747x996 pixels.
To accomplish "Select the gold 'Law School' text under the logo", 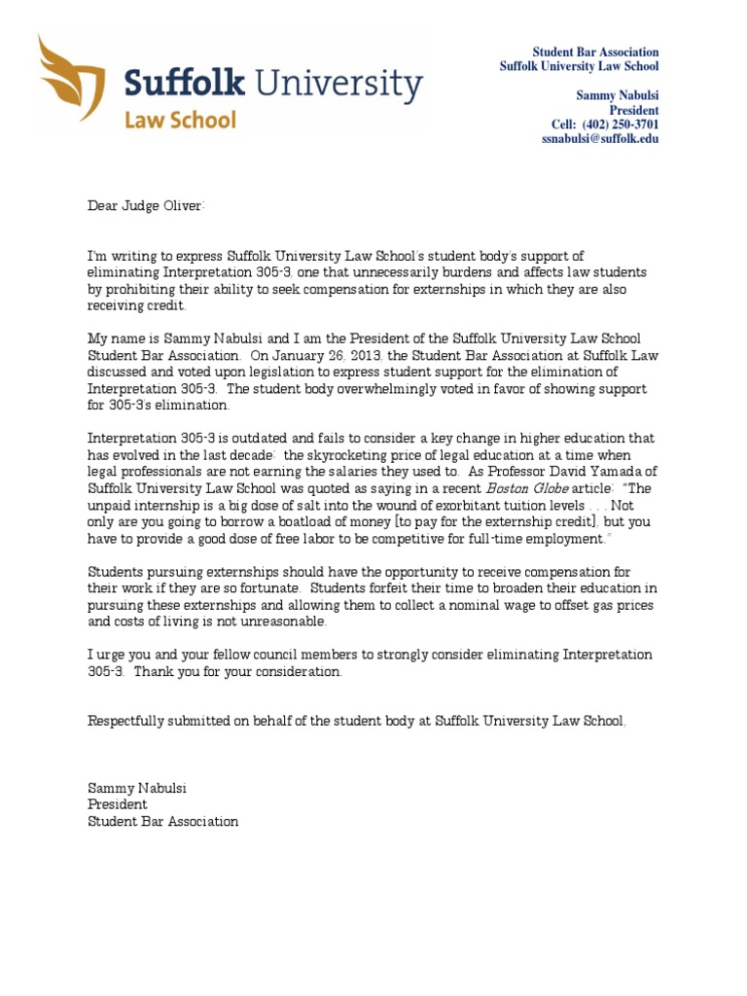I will coord(179,121).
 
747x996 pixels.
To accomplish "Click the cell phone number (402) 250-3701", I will coord(620,125).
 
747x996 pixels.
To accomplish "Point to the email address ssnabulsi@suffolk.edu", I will coord(600,140).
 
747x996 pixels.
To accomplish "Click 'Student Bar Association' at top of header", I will coord(595,52).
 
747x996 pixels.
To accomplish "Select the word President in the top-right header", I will coord(633,111).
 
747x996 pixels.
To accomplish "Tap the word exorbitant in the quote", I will coord(460,506).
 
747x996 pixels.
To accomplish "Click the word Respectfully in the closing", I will coord(126,721).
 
